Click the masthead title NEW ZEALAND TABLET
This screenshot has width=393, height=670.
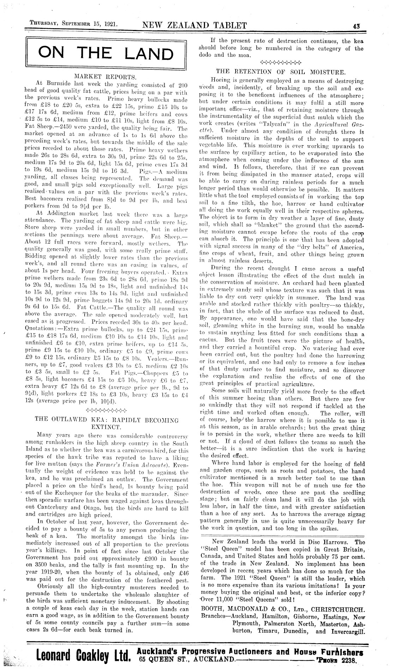(x=194, y=25)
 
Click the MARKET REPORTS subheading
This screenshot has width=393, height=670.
(x=106, y=76)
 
